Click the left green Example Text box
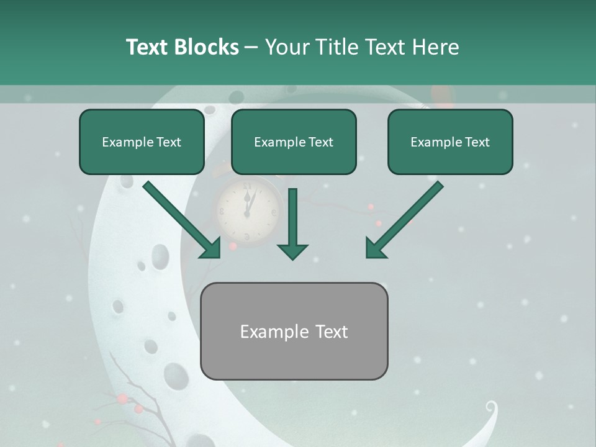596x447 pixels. [x=142, y=142]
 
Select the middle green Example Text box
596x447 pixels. [x=294, y=142]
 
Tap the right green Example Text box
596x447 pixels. [x=450, y=142]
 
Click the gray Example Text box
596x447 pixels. [x=294, y=331]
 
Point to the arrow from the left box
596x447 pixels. [x=180, y=219]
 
